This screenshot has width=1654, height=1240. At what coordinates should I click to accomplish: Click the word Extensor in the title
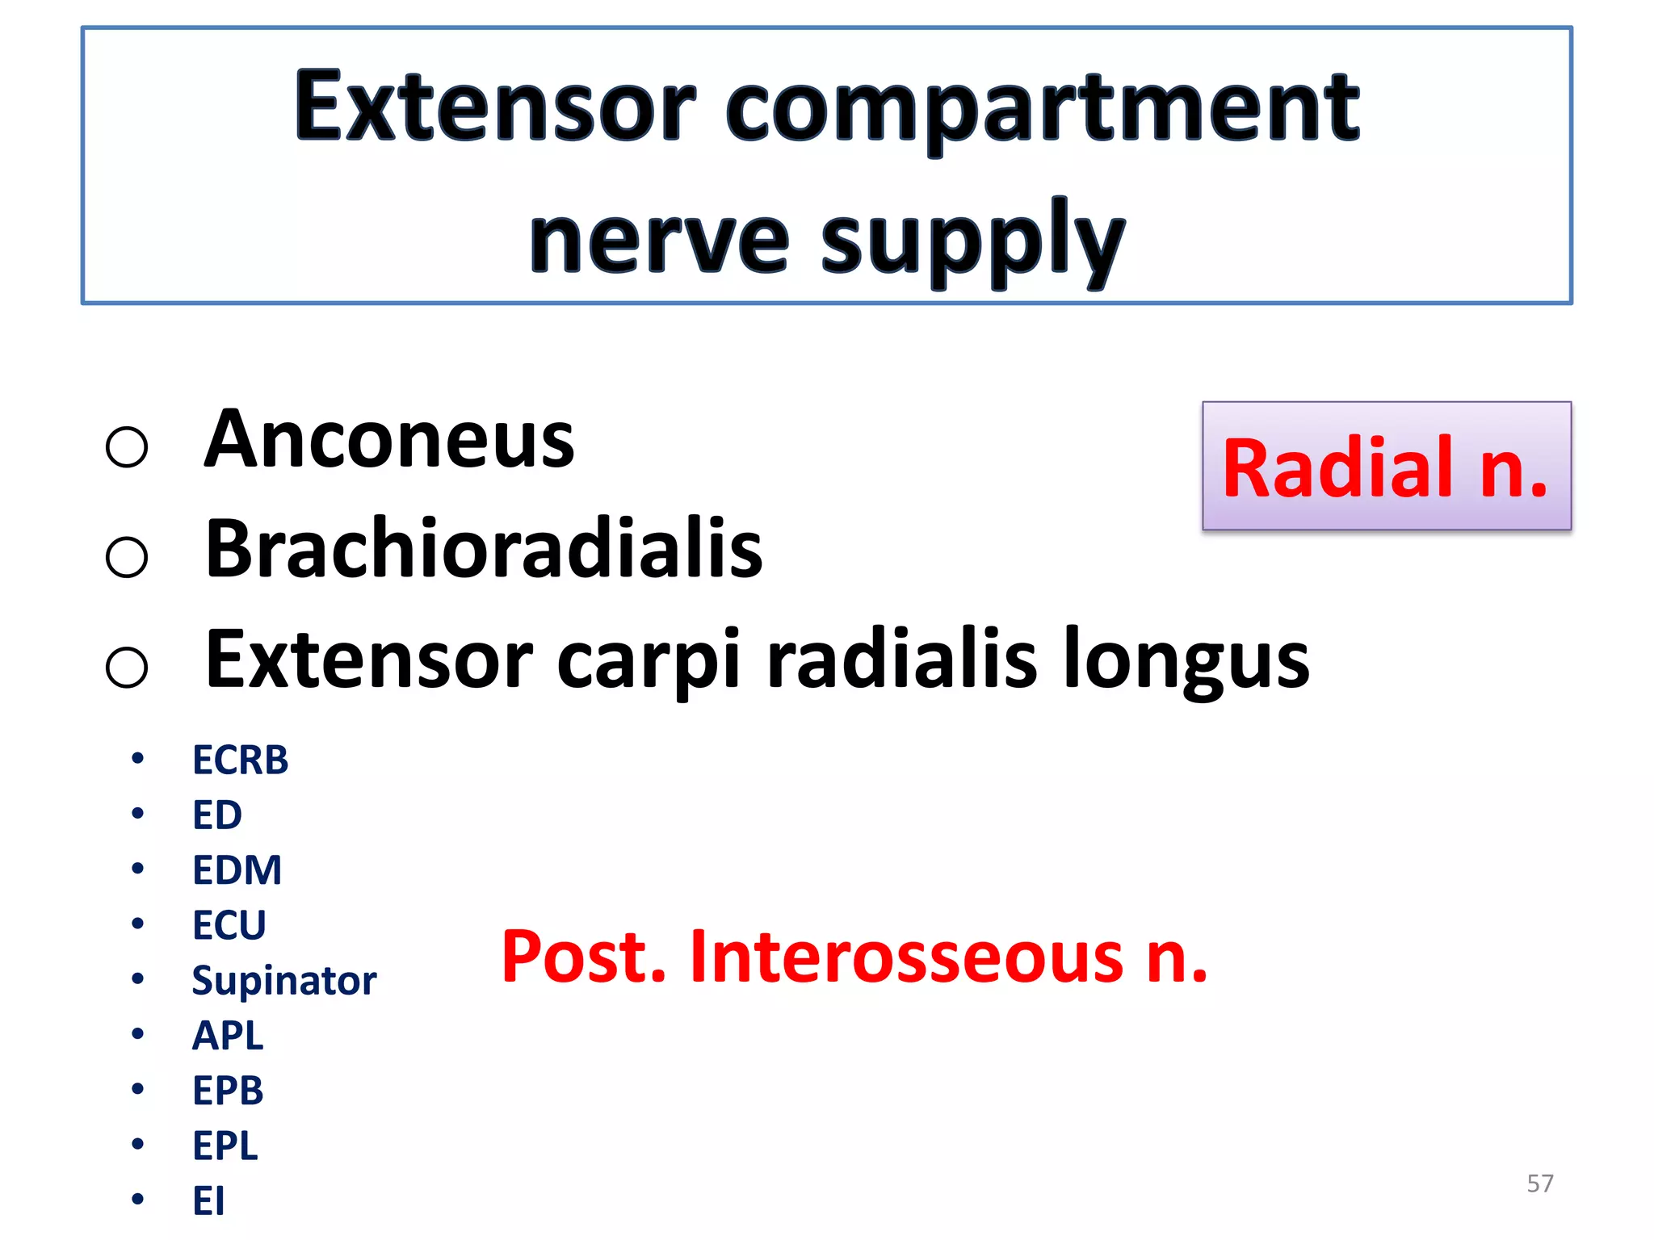point(494,107)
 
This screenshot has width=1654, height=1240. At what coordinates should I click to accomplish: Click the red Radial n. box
point(1386,467)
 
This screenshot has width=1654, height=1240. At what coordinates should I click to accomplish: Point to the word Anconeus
point(388,440)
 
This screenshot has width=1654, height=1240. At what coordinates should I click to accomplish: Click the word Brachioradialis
point(483,550)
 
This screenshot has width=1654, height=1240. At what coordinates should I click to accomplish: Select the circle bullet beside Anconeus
point(127,446)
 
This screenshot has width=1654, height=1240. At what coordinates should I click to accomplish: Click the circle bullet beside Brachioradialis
point(127,557)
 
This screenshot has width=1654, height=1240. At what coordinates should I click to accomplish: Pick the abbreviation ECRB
point(240,760)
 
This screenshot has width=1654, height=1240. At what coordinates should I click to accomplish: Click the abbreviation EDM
point(237,870)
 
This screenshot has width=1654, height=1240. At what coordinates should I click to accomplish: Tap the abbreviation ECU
point(229,925)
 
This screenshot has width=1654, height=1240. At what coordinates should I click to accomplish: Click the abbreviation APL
point(228,1036)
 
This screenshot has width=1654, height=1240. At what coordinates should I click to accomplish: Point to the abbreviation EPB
point(228,1091)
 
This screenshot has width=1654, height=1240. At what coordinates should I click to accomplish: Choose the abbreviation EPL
point(225,1146)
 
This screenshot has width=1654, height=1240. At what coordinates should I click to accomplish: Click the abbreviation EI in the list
point(208,1200)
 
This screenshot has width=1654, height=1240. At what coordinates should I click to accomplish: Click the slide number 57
point(1539,1183)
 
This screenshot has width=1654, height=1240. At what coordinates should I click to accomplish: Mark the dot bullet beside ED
point(138,813)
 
